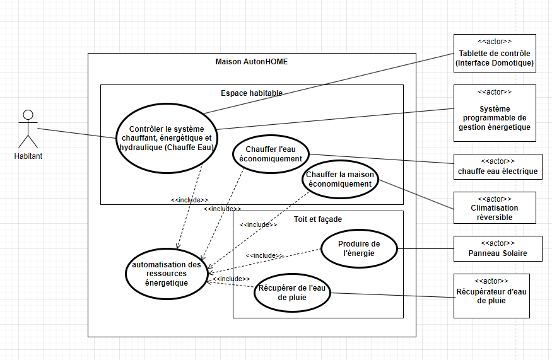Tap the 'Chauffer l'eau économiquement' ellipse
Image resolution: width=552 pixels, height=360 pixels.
pos(271,154)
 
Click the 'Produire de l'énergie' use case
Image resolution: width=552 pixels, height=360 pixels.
pos(359,248)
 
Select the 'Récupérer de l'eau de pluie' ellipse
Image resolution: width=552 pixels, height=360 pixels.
pos(292,293)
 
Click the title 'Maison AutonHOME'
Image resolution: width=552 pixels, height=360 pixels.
pos(252,62)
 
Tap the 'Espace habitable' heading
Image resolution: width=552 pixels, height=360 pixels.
pos(252,93)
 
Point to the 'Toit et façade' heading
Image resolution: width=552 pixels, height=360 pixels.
pos(318,219)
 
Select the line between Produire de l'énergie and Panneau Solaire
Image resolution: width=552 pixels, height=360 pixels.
pos(425,249)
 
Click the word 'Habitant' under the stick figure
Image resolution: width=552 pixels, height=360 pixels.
pos(28,156)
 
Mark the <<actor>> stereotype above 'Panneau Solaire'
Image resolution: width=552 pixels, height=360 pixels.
pos(498,243)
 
